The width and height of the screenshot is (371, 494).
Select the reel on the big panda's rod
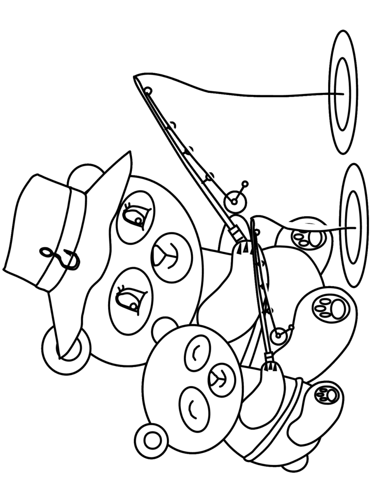tap(235, 198)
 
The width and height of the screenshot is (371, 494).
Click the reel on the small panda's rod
tap(280, 336)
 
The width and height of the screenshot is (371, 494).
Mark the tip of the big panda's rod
tap(135, 77)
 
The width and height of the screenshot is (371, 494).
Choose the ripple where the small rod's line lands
tap(355, 226)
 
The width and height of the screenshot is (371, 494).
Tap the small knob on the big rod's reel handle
tap(245, 183)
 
